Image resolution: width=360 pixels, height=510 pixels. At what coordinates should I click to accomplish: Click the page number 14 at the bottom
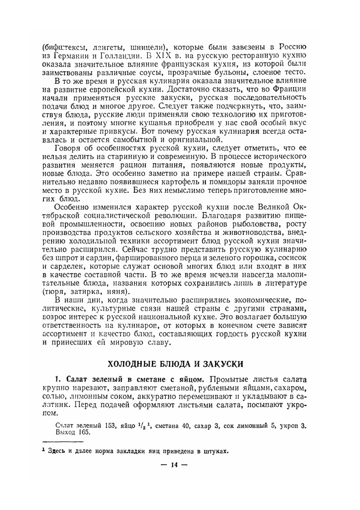tap(175, 465)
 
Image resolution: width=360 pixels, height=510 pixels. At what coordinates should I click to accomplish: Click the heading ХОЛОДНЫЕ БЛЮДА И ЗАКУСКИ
tap(176, 364)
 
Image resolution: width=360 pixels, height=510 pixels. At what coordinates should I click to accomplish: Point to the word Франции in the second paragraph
tap(290, 89)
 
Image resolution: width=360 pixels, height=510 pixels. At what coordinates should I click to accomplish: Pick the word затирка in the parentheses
tap(84, 291)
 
